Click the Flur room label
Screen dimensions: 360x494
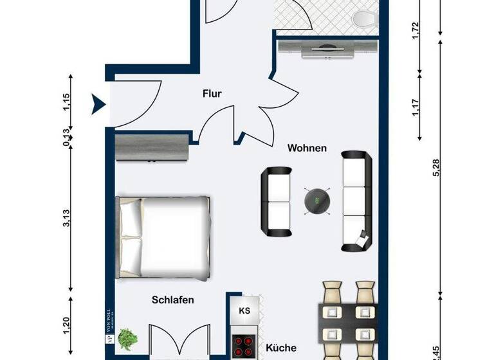pos(212,94)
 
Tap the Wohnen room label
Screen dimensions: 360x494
pos(307,148)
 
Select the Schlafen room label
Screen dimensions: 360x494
pos(173,300)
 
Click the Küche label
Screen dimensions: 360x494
pos(281,348)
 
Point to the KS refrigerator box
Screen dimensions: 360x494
pos(244,311)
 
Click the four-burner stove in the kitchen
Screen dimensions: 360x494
pos(244,346)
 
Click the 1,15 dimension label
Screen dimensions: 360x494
pos(67,104)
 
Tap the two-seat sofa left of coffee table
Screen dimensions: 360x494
pos(277,200)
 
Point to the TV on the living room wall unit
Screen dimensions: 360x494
pos(328,48)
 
